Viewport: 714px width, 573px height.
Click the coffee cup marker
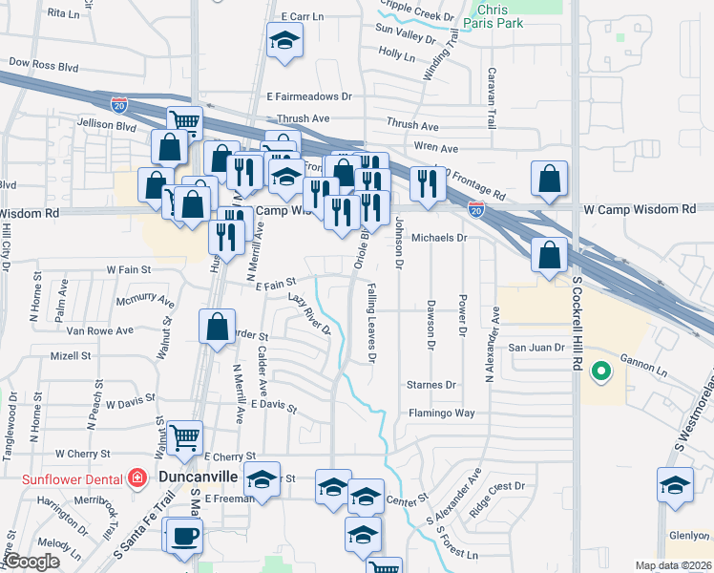(181, 536)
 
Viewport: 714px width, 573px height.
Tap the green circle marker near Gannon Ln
(600, 371)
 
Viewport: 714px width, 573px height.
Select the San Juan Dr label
(531, 348)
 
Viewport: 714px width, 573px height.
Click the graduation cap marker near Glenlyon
(675, 485)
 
